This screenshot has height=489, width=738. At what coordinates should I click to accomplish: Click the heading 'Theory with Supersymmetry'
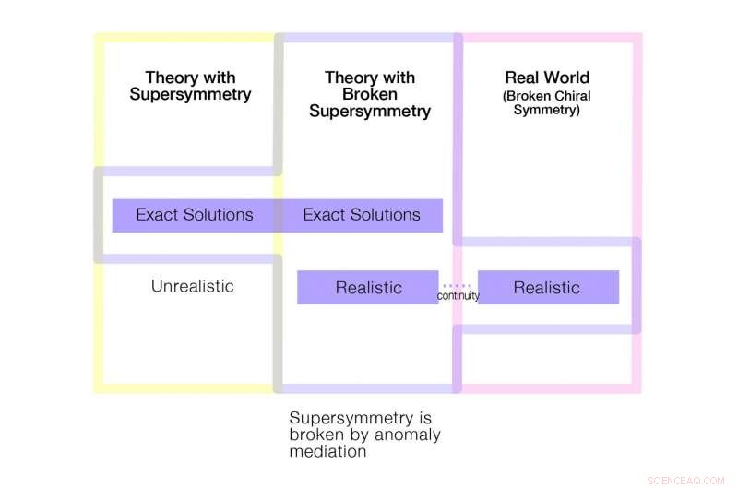(x=190, y=86)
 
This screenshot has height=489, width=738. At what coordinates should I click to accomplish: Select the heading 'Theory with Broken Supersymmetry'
(x=369, y=94)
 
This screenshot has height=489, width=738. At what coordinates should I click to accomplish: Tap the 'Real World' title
(x=547, y=78)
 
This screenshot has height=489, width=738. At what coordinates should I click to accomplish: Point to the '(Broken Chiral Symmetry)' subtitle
(x=547, y=103)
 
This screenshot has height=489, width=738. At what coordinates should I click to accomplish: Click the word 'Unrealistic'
(x=192, y=286)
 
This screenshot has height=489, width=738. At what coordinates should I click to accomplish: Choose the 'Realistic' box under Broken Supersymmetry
(x=368, y=287)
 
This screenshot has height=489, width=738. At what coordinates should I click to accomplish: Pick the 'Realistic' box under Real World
(x=547, y=287)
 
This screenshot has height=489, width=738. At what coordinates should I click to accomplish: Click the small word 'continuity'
(x=458, y=296)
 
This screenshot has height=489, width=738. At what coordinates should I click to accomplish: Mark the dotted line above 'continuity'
(x=458, y=286)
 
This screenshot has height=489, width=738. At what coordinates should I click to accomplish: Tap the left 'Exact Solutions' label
(x=194, y=215)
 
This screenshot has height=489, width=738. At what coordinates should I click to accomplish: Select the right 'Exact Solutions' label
(x=362, y=215)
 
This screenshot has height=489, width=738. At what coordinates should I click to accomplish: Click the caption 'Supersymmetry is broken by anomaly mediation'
(x=364, y=434)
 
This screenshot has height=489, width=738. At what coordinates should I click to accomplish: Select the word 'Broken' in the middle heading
(x=369, y=94)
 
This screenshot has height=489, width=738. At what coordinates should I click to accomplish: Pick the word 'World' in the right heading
(x=567, y=78)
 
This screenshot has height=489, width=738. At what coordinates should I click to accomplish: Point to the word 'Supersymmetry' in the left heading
(x=190, y=95)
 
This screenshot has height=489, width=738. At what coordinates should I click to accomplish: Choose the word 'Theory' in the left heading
(x=171, y=78)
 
